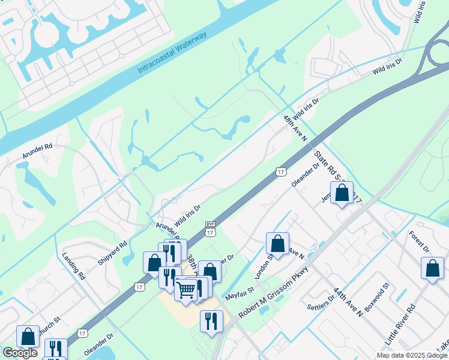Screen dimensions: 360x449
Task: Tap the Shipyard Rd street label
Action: [112, 254]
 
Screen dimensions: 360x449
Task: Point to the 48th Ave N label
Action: [295, 128]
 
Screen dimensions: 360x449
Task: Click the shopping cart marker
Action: [186, 290]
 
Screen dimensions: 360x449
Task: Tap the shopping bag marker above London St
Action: [277, 244]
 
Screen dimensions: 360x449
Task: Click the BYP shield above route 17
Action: [210, 224]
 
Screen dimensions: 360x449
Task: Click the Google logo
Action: [20, 353]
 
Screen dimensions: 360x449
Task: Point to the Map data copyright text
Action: [412, 355]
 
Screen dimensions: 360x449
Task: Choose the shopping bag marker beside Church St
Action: [28, 336]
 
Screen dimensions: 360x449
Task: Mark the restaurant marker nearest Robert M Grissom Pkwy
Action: [211, 321]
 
